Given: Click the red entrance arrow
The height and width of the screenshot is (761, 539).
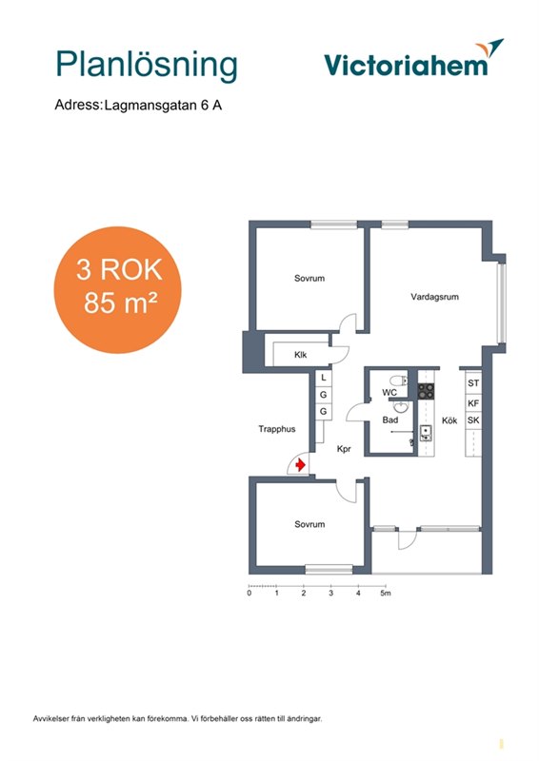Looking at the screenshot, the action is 300,465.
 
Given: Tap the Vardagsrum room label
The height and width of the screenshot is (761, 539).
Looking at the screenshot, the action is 434,297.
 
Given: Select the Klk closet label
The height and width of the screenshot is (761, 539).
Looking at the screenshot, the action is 300,355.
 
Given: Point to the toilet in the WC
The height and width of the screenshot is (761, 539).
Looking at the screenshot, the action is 399,380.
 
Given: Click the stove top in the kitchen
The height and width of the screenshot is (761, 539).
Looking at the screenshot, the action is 427,391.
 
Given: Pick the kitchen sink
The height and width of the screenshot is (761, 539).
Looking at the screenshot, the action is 426,433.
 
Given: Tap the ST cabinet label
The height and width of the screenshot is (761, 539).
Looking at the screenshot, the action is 473,383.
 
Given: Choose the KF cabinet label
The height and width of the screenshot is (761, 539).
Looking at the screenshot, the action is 473,402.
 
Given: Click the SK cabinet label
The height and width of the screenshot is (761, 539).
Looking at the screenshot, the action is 473,420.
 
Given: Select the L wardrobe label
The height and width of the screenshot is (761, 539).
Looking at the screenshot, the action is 324,377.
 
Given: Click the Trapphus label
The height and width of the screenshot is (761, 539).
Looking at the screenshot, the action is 277,429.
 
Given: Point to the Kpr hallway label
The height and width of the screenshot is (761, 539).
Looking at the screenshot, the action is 344,449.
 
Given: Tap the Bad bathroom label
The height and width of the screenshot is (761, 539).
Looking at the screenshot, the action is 389,420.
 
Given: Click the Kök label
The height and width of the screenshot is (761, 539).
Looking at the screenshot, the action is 449,420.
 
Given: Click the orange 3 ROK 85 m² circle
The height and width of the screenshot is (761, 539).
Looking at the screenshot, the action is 118,290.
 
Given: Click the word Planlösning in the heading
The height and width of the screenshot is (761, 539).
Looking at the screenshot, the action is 147,65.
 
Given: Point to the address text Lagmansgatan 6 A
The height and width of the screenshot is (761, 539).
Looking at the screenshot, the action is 163,106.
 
